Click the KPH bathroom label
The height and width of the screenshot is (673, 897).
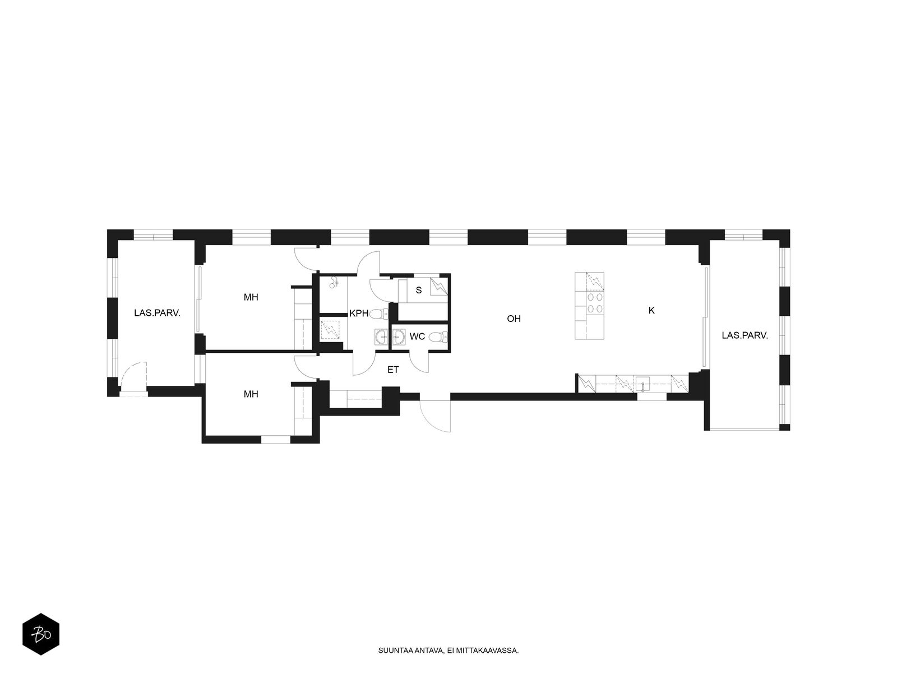tap(358, 314)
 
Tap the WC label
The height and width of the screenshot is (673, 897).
tap(417, 336)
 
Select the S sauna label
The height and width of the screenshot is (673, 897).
tap(418, 290)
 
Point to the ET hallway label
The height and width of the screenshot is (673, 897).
tap(393, 370)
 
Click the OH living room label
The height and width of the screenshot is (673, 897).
tap(514, 319)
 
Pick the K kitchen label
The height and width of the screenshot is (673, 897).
tap(651, 311)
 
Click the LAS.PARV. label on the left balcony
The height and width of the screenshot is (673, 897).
tap(157, 313)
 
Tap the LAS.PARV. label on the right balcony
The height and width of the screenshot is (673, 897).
tap(745, 335)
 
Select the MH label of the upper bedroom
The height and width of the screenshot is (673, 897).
tap(251, 297)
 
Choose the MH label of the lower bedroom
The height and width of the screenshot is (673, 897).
tap(251, 394)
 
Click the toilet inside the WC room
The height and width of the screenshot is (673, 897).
tap(438, 336)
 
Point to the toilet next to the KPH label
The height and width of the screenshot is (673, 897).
tap(378, 314)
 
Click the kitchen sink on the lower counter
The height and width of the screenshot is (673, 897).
tap(642, 384)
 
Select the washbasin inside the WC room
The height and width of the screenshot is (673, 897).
tap(399, 337)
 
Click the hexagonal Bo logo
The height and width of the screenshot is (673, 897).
tap(41, 634)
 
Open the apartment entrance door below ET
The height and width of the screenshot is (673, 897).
tap(435, 414)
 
